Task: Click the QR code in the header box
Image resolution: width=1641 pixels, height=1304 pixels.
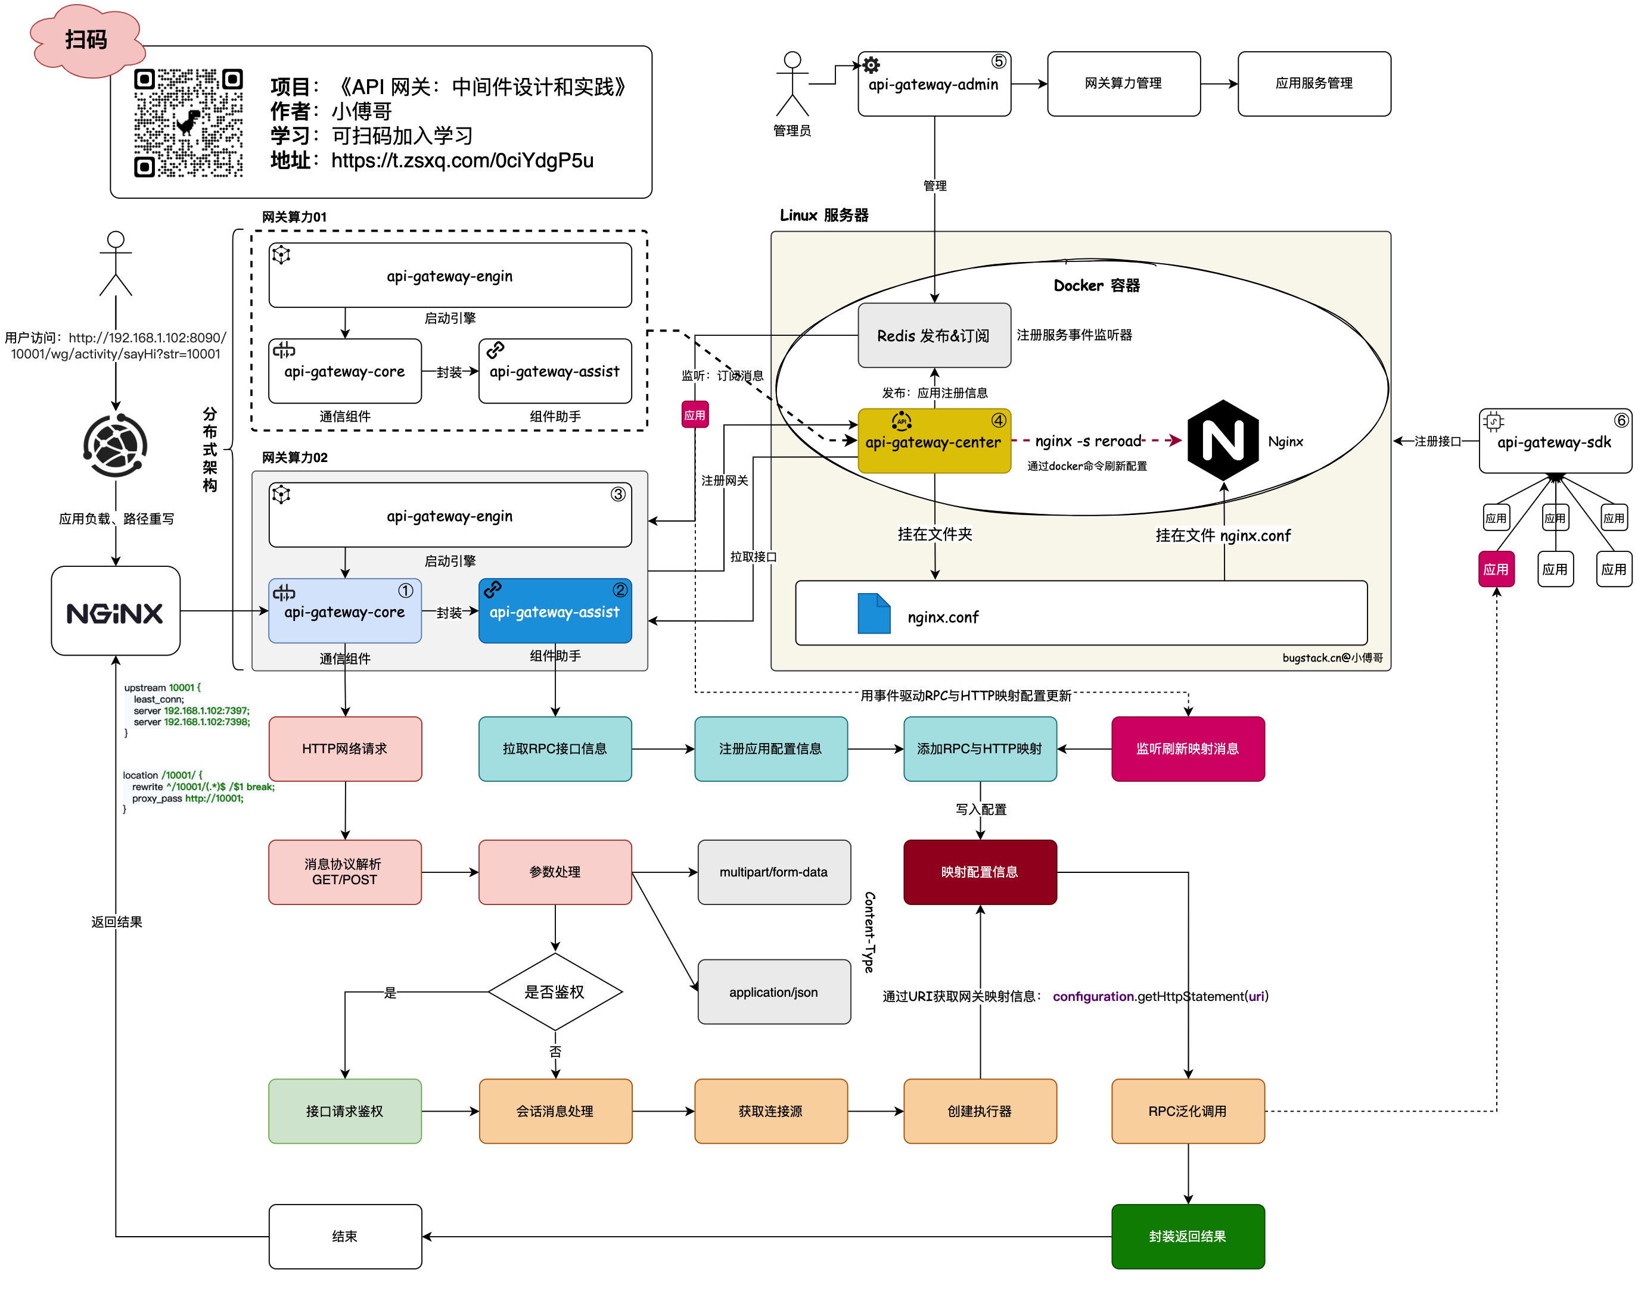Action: [188, 123]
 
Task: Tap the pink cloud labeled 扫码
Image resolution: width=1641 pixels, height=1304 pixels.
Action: [86, 39]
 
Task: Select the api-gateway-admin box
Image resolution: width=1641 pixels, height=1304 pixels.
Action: [934, 84]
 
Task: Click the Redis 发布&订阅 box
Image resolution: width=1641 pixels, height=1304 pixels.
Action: [934, 335]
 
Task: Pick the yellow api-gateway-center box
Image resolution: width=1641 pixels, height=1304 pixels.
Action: [934, 441]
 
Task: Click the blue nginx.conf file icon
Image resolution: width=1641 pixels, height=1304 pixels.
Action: [873, 613]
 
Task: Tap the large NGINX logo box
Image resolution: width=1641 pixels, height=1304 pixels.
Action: [116, 611]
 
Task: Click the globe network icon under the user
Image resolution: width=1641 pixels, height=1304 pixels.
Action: [116, 445]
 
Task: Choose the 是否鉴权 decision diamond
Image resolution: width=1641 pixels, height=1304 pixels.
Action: [555, 992]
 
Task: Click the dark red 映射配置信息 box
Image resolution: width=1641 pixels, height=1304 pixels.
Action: [980, 872]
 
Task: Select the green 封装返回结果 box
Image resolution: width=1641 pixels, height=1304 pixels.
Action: [1188, 1236]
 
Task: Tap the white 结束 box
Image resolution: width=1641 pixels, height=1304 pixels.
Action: [345, 1236]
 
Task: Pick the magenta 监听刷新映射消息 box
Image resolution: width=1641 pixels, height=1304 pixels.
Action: [1188, 748]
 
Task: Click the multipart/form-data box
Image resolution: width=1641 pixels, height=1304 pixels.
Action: [773, 872]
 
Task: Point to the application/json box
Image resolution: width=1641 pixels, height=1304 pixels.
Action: [773, 992]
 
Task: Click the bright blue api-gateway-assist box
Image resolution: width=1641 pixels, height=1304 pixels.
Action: [555, 611]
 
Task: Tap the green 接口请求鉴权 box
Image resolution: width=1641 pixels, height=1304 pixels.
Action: [345, 1110]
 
